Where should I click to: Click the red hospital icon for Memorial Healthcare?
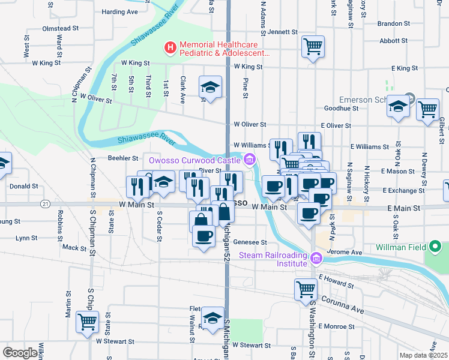point(170,46)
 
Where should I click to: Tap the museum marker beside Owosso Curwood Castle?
point(250,160)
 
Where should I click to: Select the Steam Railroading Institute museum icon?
point(316,259)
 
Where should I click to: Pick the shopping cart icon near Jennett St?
point(313,46)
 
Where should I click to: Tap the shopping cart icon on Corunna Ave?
point(306,289)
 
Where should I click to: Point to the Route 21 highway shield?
point(46,205)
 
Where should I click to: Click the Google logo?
point(20,353)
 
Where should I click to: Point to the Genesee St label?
point(250,242)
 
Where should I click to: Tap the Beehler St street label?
point(123,158)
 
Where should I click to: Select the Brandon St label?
point(394,24)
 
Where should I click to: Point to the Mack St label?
point(74,247)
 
